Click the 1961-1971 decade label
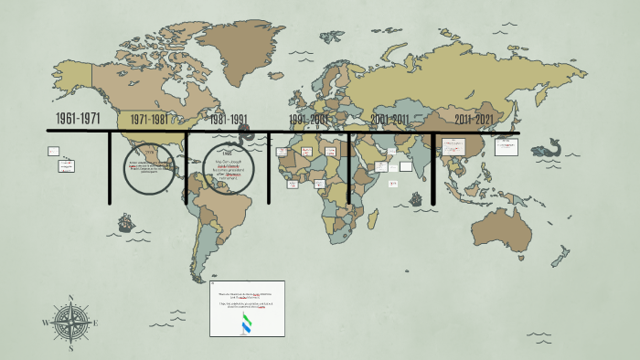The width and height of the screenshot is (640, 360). (78, 119)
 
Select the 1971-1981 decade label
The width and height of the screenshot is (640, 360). (149, 120)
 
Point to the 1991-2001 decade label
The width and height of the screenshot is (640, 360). (309, 120)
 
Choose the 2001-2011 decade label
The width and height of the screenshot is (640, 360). (390, 120)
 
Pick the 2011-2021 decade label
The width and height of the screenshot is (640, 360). (475, 120)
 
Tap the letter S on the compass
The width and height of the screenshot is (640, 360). (70, 348)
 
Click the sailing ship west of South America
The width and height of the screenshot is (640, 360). (124, 222)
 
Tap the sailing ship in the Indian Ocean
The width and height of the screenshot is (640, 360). (416, 198)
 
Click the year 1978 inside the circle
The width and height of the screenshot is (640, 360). (149, 153)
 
